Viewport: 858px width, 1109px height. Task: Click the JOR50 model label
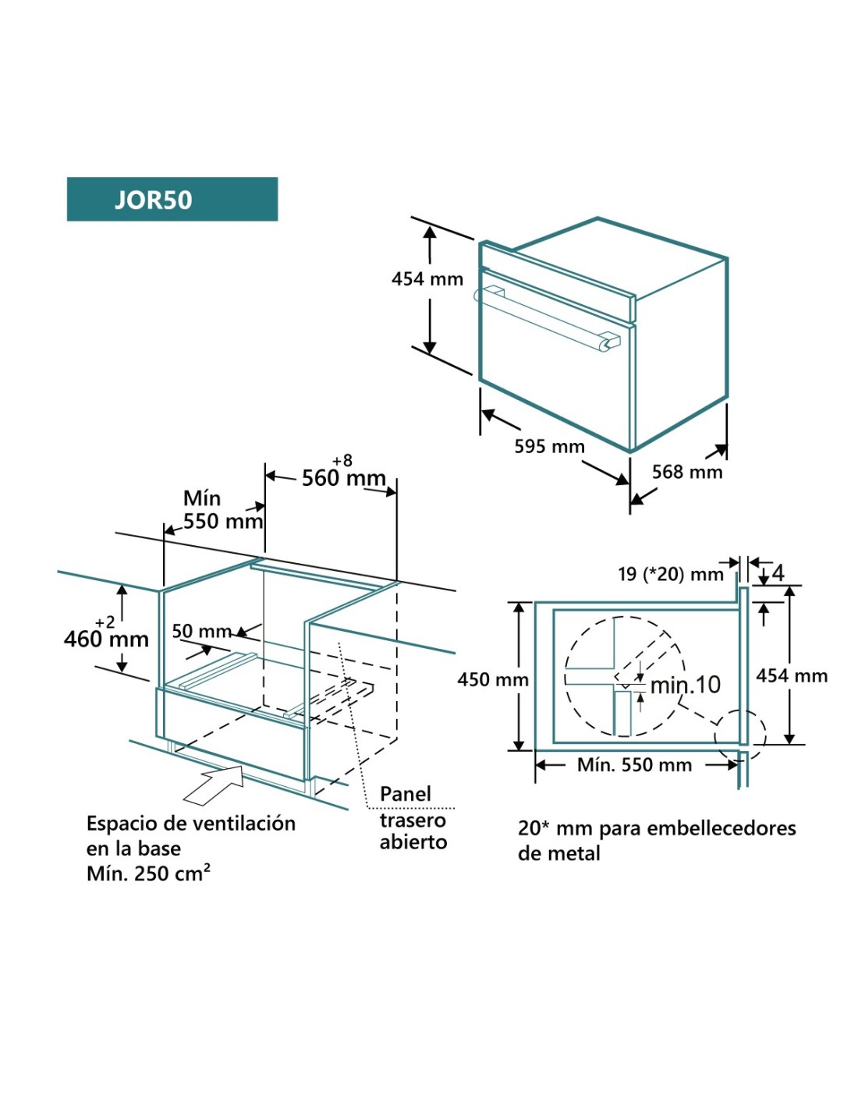click(x=154, y=200)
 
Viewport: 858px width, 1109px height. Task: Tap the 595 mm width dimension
click(x=549, y=447)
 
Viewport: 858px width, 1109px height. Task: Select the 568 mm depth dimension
click(x=687, y=472)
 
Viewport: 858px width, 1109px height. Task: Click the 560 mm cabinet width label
click(x=343, y=477)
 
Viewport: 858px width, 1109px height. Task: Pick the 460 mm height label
click(x=106, y=640)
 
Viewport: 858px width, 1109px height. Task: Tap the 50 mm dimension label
click(x=201, y=631)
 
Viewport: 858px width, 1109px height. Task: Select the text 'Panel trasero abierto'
click(x=413, y=818)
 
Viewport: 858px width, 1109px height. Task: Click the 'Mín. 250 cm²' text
click(x=148, y=873)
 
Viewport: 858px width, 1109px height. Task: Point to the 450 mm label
click(x=493, y=680)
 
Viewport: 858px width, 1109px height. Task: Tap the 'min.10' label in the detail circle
click(x=686, y=685)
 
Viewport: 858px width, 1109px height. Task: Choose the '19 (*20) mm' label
click(x=671, y=575)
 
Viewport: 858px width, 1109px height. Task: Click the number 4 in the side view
click(x=778, y=573)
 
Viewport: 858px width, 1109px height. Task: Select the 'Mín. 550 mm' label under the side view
click(x=634, y=765)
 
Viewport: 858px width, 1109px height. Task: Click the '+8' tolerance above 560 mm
click(x=342, y=461)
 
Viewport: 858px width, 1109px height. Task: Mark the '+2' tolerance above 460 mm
click(x=105, y=622)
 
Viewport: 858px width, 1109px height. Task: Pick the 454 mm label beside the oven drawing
click(x=427, y=279)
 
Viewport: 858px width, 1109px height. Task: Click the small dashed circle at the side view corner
click(x=741, y=735)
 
